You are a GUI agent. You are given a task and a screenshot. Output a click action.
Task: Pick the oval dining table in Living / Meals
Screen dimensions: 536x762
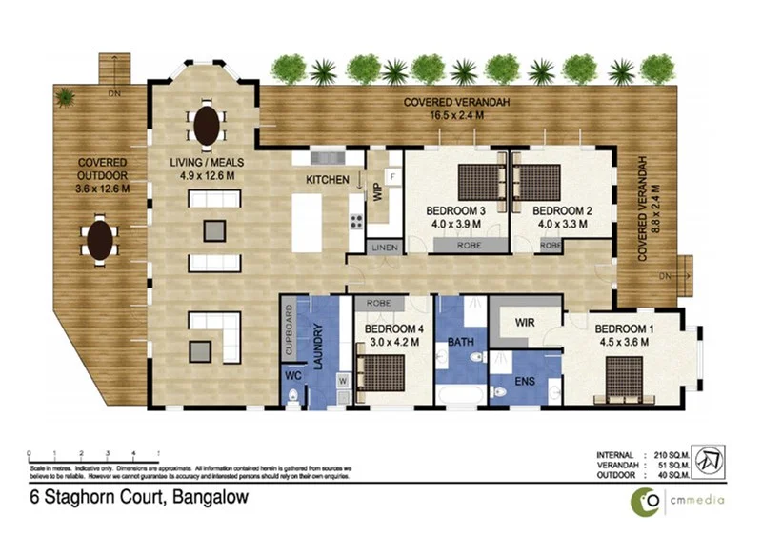pyautogui.click(x=208, y=122)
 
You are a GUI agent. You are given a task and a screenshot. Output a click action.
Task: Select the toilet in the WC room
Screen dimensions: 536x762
pyautogui.click(x=295, y=395)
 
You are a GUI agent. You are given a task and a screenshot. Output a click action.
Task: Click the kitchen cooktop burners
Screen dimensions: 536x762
pyautogui.click(x=356, y=224)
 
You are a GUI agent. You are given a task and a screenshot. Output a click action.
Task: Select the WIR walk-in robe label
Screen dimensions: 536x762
pyautogui.click(x=524, y=322)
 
